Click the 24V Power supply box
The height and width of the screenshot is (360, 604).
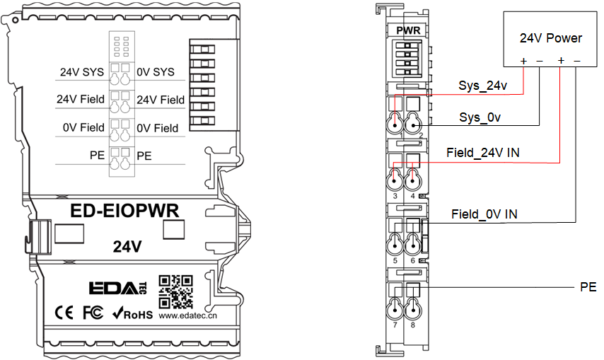[551, 37]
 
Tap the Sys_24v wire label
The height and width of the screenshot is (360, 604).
[483, 86]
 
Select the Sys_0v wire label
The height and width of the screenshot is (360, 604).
[480, 117]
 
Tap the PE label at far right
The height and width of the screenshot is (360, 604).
[588, 287]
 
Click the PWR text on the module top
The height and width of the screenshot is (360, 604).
[409, 30]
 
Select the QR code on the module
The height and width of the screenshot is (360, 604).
[176, 289]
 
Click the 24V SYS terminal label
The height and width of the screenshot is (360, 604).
[81, 72]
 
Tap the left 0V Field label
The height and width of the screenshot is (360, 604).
[83, 128]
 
